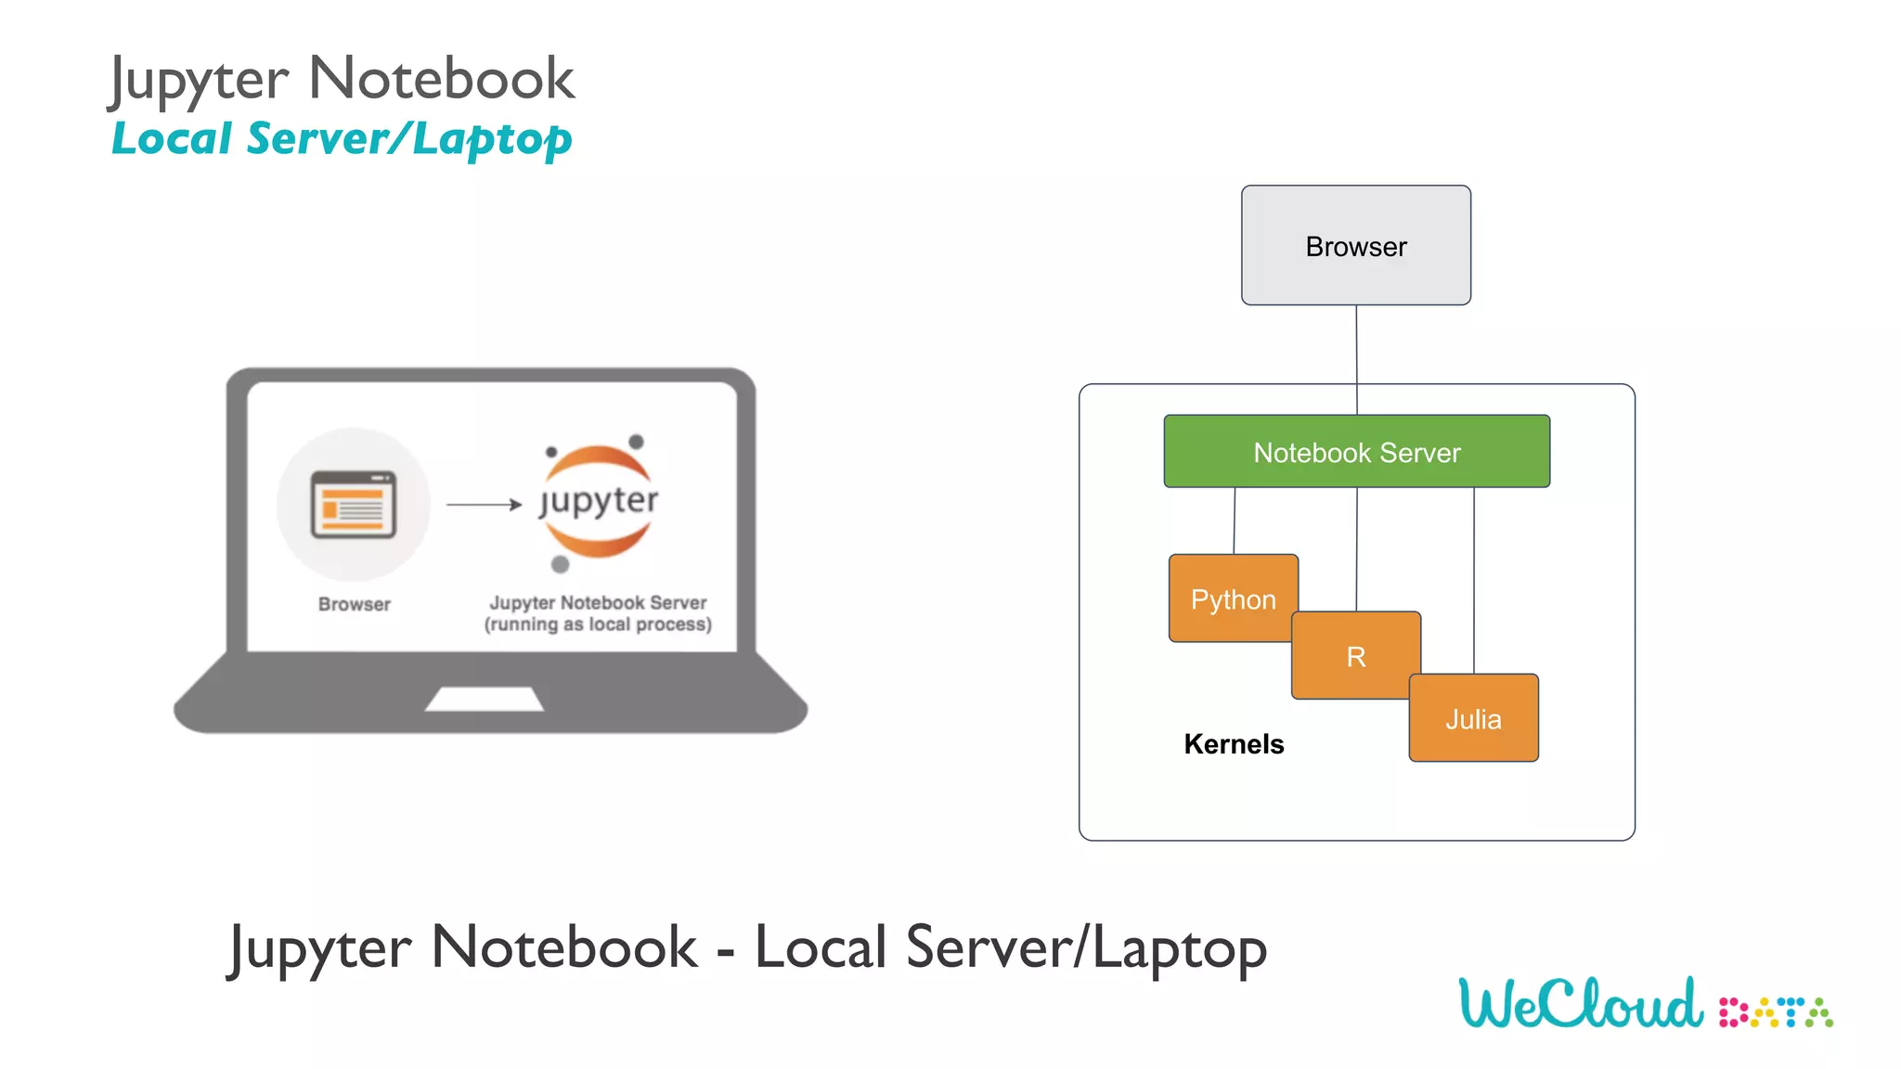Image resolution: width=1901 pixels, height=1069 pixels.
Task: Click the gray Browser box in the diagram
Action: tap(1355, 246)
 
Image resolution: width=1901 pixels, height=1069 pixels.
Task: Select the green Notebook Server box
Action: tap(1356, 452)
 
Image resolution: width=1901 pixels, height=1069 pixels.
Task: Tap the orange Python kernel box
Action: tap(1233, 599)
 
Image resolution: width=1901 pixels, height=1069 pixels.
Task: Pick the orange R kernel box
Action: tap(1355, 656)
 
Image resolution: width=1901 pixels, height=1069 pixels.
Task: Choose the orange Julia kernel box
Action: tap(1473, 718)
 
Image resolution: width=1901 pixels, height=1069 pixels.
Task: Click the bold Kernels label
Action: tap(1234, 744)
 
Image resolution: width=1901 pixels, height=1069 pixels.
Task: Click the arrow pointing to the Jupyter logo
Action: tap(484, 505)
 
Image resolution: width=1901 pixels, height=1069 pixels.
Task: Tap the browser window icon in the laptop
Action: tap(354, 505)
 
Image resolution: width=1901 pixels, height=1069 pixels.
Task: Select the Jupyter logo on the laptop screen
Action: tap(599, 501)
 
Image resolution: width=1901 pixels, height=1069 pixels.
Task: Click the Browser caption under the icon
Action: tap(354, 604)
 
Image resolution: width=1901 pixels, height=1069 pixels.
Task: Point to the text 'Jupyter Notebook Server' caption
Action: tap(598, 603)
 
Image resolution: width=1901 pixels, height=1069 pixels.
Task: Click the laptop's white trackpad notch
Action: tap(484, 699)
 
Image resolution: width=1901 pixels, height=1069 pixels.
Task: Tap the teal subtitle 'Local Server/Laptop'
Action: tap(342, 139)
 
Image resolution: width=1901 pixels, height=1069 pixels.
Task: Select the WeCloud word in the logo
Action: tap(1581, 1004)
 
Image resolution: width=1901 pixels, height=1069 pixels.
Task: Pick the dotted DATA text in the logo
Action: tap(1776, 1012)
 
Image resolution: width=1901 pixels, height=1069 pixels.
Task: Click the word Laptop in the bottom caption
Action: tap(1179, 948)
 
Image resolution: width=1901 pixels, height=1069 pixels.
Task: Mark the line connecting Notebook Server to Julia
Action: tap(1474, 580)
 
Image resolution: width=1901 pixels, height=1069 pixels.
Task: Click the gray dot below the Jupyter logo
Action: tap(560, 564)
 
